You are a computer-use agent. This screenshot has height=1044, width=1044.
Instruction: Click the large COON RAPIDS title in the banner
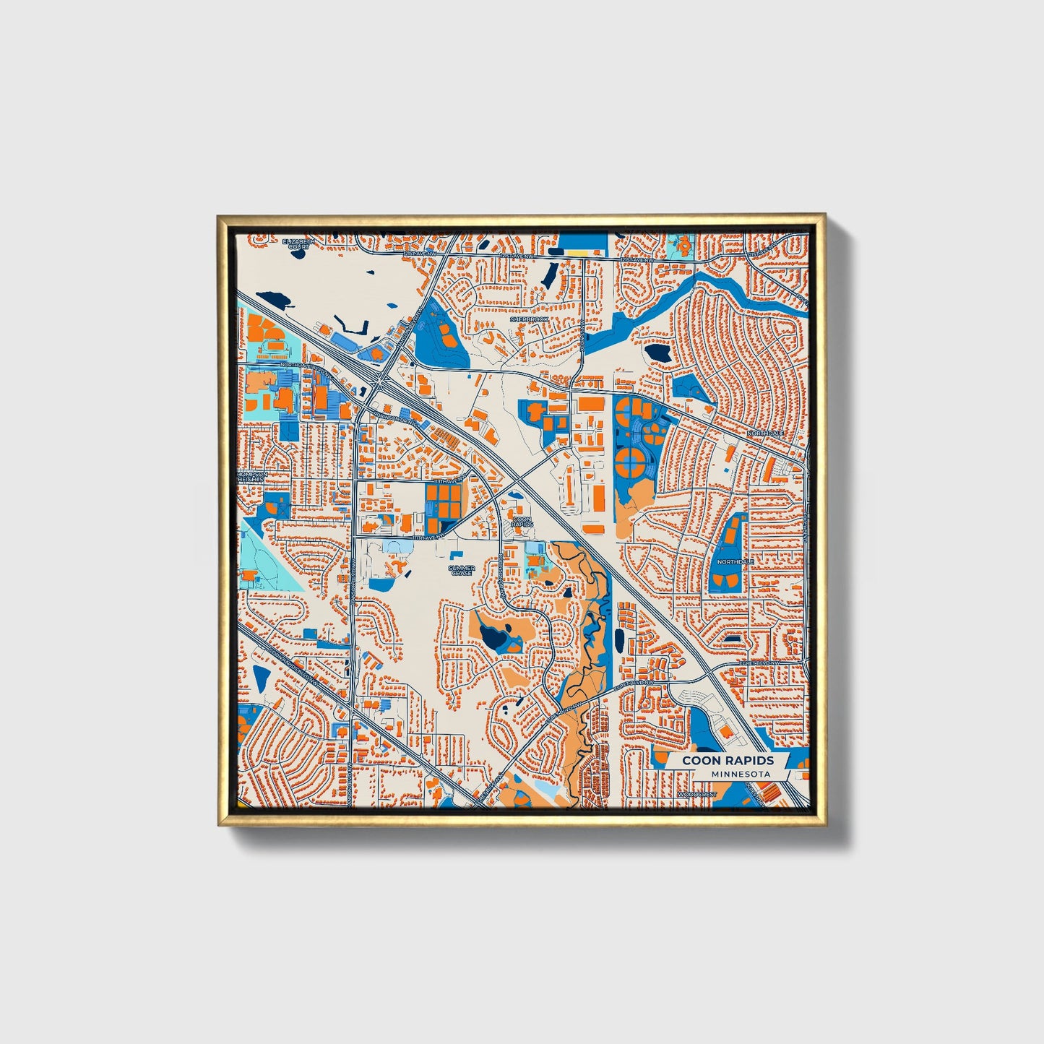728,760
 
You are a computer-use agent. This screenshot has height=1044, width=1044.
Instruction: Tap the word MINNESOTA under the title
740,774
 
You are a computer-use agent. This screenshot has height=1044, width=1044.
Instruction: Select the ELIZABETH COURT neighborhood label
298,243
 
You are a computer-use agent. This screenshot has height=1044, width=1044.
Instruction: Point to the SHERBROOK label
530,319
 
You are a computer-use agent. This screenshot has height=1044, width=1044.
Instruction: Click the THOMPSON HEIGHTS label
252,477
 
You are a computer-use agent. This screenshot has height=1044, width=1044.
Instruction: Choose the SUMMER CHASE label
462,570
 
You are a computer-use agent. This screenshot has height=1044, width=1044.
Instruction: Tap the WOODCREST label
697,795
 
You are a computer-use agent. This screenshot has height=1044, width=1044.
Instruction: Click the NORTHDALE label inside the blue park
735,561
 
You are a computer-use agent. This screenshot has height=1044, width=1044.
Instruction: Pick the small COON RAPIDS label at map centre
521,521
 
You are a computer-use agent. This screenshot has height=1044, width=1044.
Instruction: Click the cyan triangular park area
269,564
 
